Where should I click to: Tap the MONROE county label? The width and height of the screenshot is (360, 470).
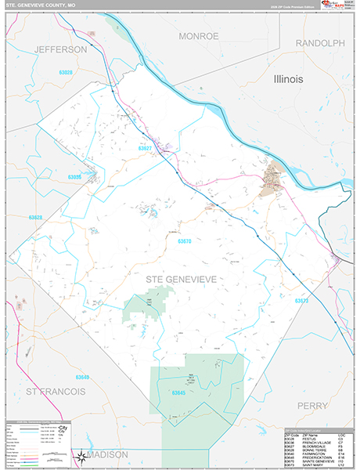pyautogui.click(x=200, y=36)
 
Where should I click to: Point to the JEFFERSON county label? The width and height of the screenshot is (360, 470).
pyautogui.click(x=60, y=49)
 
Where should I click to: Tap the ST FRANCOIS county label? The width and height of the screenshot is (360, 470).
pyautogui.click(x=52, y=390)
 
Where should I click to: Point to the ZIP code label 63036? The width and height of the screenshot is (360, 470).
pyautogui.click(x=75, y=177)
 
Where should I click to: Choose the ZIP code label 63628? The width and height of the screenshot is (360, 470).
pyautogui.click(x=35, y=217)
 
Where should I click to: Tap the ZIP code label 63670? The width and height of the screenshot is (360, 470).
pyautogui.click(x=185, y=241)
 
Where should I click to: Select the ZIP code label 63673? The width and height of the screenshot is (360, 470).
pyautogui.click(x=302, y=300)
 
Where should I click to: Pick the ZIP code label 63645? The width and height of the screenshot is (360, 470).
pyautogui.click(x=179, y=392)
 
